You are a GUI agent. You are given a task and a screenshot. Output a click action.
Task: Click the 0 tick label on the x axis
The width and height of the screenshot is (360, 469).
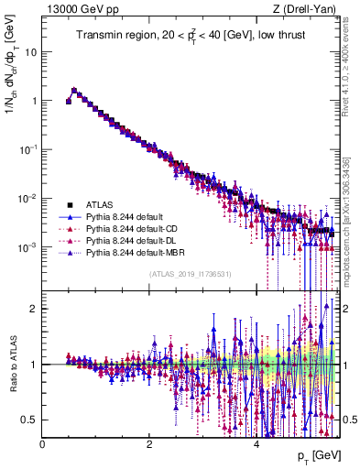point(43,444)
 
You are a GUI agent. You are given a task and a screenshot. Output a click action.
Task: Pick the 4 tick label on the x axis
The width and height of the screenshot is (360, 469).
point(256,444)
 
